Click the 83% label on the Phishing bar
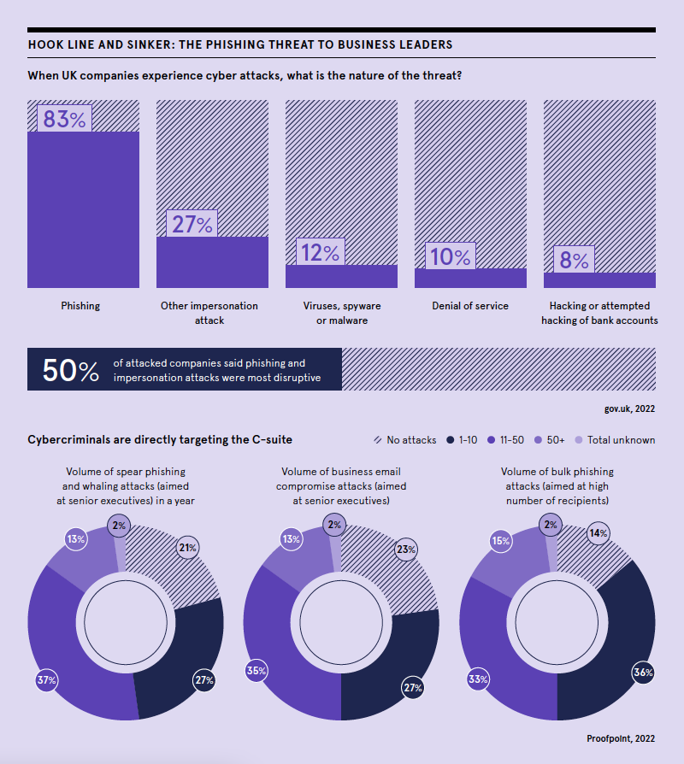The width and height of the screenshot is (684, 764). point(64,119)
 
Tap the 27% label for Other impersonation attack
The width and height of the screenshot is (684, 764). point(192,224)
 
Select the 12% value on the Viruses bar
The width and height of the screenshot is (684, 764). point(320,252)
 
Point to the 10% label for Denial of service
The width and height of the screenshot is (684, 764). point(450,256)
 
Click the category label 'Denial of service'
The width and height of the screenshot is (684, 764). point(470,306)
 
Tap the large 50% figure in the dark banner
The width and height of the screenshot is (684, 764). point(71,370)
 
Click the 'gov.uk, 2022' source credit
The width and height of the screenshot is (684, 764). point(629,409)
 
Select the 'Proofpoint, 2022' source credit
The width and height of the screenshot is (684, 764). point(621,738)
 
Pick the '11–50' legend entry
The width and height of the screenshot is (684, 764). point(504,440)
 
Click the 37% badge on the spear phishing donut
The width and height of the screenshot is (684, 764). point(46,680)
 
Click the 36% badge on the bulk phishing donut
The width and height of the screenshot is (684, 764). point(643,673)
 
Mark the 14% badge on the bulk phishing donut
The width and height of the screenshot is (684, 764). point(598,533)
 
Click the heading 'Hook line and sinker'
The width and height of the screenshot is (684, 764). point(240,44)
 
